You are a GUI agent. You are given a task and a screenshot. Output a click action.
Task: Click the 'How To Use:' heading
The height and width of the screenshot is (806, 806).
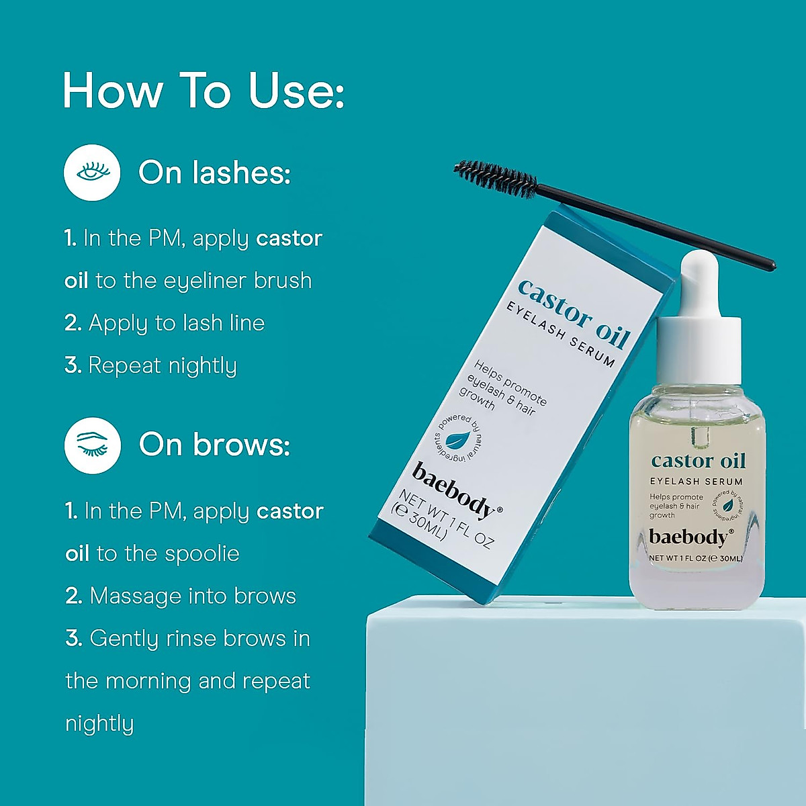(203, 91)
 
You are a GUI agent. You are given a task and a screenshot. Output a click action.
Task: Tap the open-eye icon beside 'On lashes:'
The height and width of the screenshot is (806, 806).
(92, 173)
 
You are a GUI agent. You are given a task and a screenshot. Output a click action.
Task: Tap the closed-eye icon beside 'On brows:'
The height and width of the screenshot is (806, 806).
(93, 445)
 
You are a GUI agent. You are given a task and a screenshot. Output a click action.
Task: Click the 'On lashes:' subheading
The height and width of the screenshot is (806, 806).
(214, 173)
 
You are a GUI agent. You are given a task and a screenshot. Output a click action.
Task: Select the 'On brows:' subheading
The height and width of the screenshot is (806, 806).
(214, 445)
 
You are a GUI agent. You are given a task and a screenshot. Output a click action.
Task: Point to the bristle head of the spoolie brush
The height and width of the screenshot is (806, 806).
(495, 178)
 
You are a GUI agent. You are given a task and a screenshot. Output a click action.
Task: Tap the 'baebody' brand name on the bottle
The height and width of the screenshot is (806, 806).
(690, 537)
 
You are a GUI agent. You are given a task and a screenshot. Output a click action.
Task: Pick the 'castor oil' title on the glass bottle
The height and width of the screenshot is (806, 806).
(699, 461)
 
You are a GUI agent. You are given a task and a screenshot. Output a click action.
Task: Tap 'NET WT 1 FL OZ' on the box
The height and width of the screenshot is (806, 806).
(447, 520)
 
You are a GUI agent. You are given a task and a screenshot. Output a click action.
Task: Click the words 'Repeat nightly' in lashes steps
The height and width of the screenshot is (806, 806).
(163, 365)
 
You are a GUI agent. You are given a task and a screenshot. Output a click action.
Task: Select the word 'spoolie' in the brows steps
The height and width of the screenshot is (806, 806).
(201, 553)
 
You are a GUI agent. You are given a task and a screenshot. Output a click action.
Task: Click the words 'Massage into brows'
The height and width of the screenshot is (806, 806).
(192, 596)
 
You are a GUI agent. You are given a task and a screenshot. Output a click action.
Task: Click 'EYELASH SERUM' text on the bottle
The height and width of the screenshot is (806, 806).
(696, 482)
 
